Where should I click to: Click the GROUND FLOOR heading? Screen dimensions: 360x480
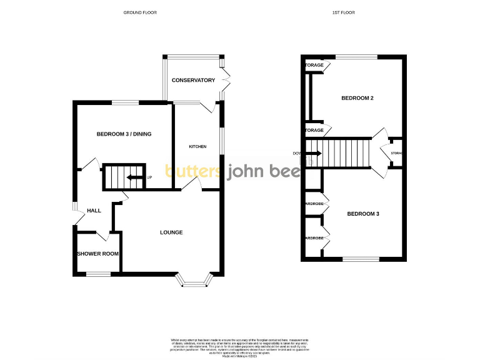point(140,12)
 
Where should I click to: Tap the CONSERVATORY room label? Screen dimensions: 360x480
point(194,80)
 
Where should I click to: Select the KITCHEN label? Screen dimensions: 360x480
point(197,146)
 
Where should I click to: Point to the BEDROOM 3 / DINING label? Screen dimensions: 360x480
point(124,134)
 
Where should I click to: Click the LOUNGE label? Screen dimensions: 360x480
point(171,232)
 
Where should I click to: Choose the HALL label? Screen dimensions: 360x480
point(94,211)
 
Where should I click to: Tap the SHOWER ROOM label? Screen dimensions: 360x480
point(97,254)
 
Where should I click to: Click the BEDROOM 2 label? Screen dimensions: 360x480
point(357,98)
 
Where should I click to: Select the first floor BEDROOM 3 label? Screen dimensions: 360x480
point(363,214)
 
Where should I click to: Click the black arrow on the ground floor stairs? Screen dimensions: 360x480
point(134,177)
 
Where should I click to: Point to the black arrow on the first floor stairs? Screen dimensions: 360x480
point(312,153)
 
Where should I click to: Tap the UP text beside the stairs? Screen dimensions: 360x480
point(149,177)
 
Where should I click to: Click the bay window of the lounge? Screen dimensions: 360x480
point(197,283)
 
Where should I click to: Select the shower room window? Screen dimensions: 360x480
point(98,274)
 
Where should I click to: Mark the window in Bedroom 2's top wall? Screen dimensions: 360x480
point(356,57)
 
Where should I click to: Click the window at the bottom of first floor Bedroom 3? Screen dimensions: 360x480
point(361,259)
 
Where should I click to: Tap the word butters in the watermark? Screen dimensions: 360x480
point(192,171)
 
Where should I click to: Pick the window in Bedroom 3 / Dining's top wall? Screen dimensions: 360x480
point(125,102)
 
